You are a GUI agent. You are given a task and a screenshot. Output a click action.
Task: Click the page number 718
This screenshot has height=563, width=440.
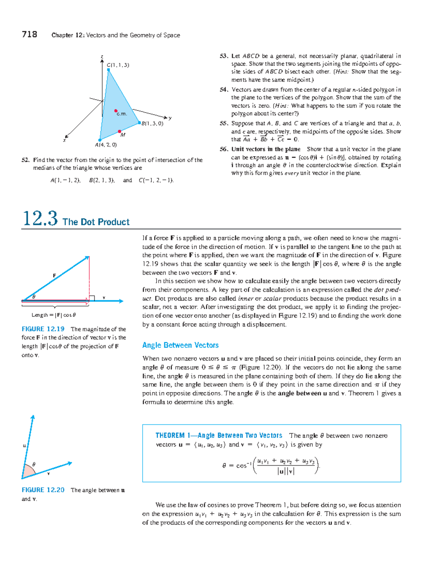[x=29, y=34]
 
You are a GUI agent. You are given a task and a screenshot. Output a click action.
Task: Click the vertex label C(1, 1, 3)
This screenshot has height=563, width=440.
[x=118, y=65]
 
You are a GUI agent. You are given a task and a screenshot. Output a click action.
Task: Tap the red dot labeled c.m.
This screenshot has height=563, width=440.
[x=116, y=111]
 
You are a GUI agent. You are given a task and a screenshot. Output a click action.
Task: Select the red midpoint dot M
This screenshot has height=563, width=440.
[x=120, y=131]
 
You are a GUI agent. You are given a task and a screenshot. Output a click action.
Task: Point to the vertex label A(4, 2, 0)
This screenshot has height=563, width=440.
[x=106, y=145]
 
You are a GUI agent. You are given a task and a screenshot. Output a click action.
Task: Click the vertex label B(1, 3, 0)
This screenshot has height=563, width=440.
[x=152, y=124]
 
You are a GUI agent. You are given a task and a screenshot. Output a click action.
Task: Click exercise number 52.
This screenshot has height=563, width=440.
[x=25, y=160]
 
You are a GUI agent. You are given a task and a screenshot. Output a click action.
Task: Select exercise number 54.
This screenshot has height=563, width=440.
[x=224, y=89]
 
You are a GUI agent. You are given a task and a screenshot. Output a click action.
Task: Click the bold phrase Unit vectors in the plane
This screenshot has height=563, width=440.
[x=266, y=149]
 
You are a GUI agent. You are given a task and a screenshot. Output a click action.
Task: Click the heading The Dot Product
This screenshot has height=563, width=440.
[x=96, y=222]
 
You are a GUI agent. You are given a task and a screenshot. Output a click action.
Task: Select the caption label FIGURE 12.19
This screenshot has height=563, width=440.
[x=43, y=329]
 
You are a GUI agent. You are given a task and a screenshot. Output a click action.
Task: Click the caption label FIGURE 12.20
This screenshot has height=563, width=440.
[x=43, y=490]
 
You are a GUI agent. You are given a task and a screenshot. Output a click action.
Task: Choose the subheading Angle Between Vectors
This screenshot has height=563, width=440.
[x=180, y=345]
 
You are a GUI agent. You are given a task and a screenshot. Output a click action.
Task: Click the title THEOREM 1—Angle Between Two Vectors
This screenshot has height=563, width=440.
[x=219, y=435]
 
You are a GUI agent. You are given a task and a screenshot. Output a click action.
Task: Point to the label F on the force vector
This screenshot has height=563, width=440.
[x=54, y=275]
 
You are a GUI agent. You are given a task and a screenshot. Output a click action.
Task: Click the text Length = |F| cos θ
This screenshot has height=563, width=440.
[x=54, y=315]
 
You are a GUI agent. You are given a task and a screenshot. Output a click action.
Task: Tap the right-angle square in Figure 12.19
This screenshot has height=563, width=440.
[x=92, y=298]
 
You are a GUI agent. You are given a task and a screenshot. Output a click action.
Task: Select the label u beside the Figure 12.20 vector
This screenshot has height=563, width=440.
[x=24, y=446]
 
